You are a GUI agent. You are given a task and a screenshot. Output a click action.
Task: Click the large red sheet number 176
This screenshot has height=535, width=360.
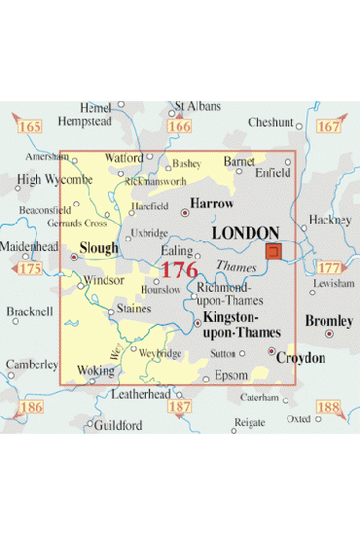[179, 270]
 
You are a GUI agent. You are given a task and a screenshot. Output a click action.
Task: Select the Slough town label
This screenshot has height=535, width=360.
[99, 248]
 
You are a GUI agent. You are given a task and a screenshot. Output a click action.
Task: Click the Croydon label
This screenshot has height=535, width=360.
[300, 358]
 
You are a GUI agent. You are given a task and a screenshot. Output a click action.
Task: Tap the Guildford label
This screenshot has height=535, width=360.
[118, 426]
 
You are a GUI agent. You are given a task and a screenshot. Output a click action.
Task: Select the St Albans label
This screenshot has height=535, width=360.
[198, 106]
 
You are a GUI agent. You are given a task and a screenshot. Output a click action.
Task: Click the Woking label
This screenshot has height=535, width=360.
[94, 371]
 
